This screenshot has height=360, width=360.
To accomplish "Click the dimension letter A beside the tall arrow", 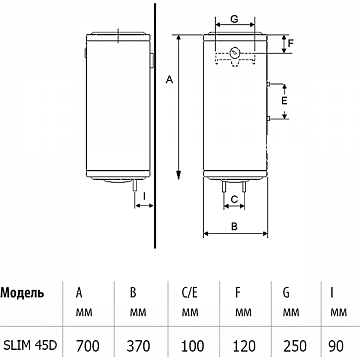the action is click(170, 80).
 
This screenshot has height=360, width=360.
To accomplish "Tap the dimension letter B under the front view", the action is click(234, 226).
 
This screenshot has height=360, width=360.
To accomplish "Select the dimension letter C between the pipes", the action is click(234, 199).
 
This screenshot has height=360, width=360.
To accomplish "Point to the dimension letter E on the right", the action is click(284, 101).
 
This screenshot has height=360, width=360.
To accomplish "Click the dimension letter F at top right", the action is click(290, 43).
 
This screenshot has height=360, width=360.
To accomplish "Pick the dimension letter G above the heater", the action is click(234, 19).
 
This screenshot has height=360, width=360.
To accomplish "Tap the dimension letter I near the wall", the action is click(144, 197).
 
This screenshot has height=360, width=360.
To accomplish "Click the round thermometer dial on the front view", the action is click(235, 52).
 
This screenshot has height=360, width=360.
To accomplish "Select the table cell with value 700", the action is click(88, 346).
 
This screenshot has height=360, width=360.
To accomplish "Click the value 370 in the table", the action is click(138, 346).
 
